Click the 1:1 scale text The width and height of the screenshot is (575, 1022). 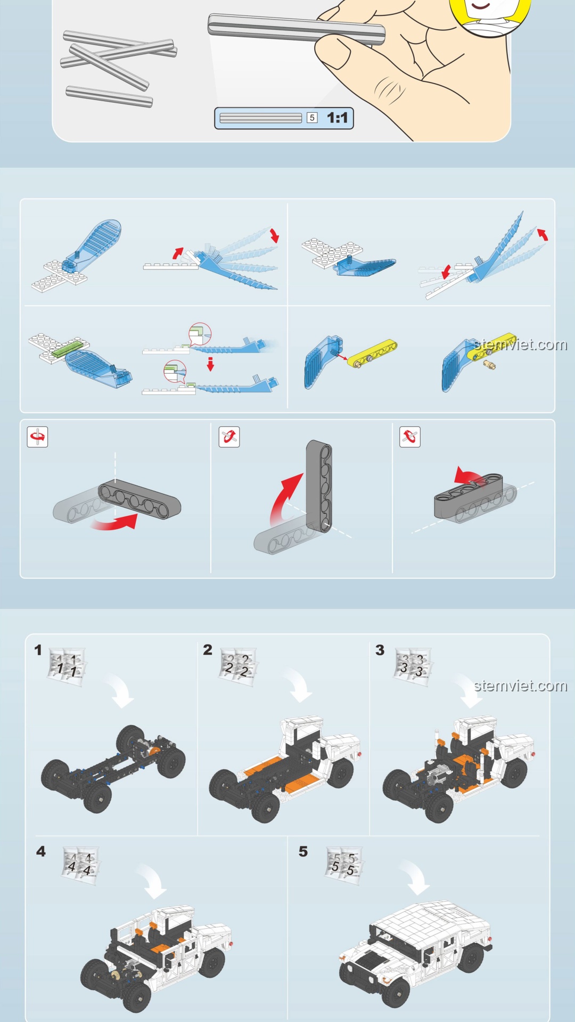click(337, 118)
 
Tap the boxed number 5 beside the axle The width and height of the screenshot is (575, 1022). click(312, 118)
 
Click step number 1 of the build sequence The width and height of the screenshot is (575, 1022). click(38, 650)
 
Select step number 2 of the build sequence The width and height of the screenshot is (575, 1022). click(208, 649)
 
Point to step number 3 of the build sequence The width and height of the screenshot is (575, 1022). click(380, 650)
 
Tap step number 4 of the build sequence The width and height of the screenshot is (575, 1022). click(41, 851)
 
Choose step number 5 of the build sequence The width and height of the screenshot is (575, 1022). click(303, 851)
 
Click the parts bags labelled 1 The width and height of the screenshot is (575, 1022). click(67, 666)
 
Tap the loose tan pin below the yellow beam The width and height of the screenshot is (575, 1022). click(489, 365)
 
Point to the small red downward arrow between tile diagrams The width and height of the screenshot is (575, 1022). click(210, 364)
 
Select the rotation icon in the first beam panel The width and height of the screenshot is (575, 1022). click(38, 437)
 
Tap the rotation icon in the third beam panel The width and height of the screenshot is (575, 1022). click(410, 437)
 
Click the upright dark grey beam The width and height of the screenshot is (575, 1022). click(319, 485)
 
